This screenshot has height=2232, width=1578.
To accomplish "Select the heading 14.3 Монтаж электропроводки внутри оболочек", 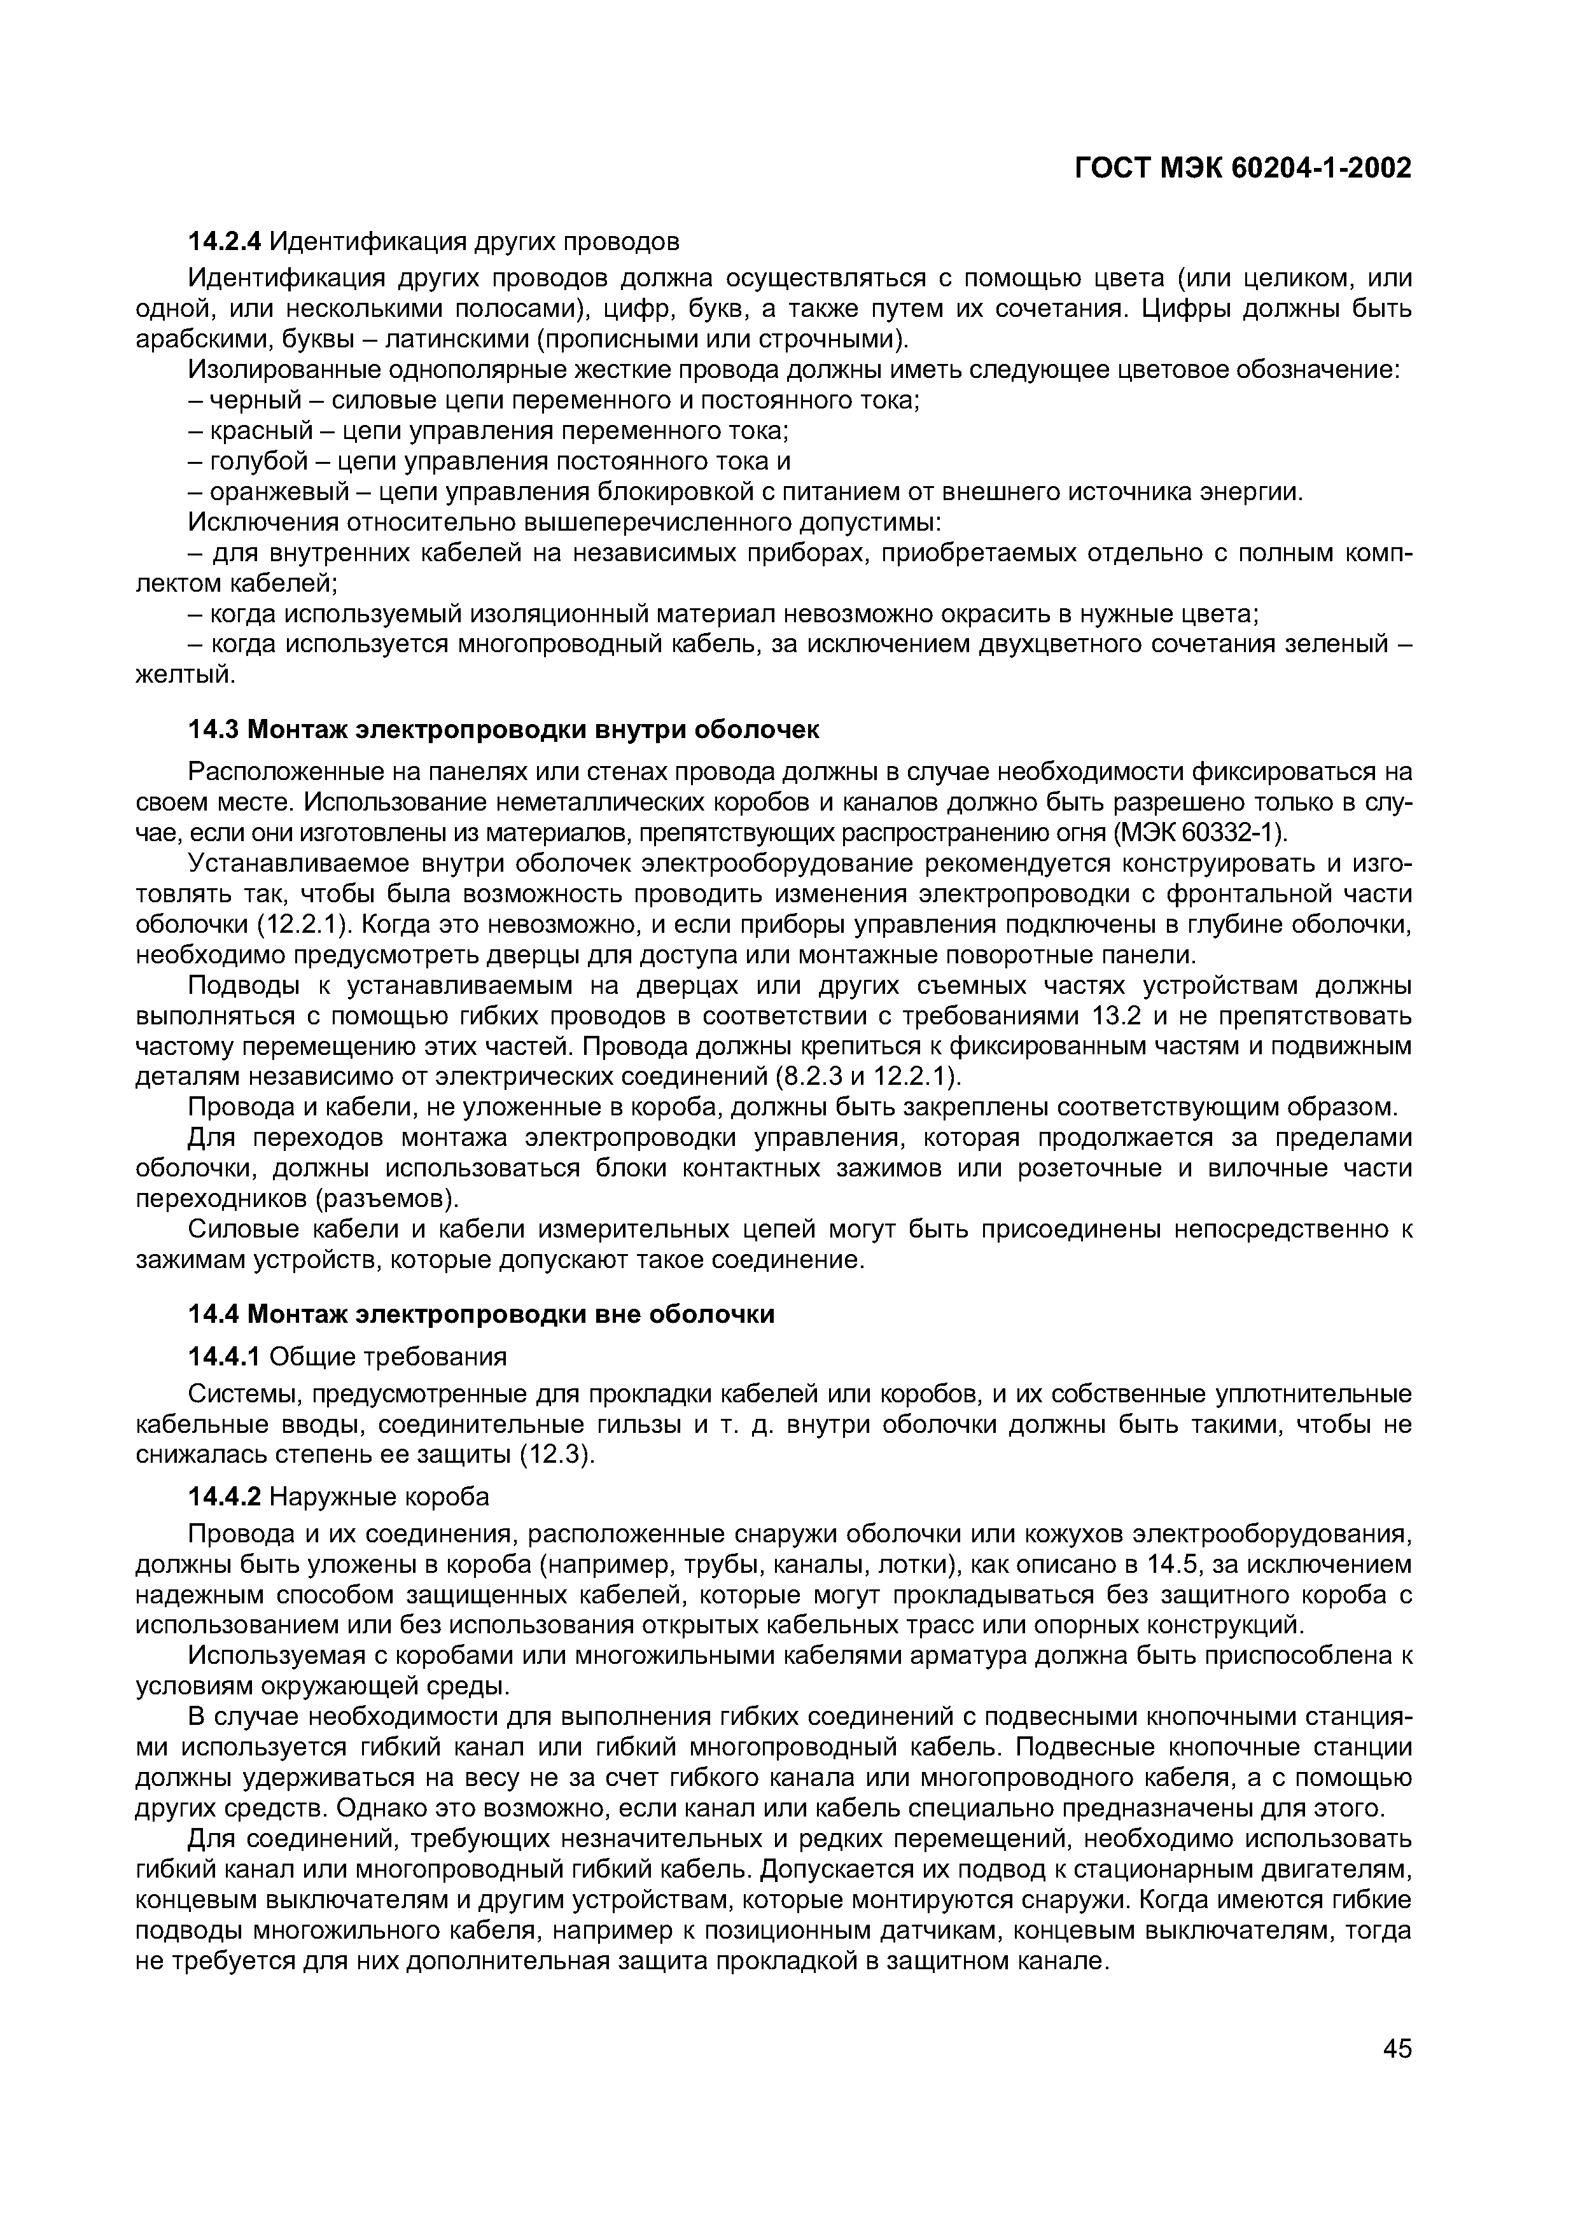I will tap(504, 729).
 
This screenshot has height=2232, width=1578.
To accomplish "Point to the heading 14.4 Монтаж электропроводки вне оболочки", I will tap(481, 1315).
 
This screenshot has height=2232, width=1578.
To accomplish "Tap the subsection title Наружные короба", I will tap(379, 1496).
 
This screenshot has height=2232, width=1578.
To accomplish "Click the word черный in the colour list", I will tap(255, 400).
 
